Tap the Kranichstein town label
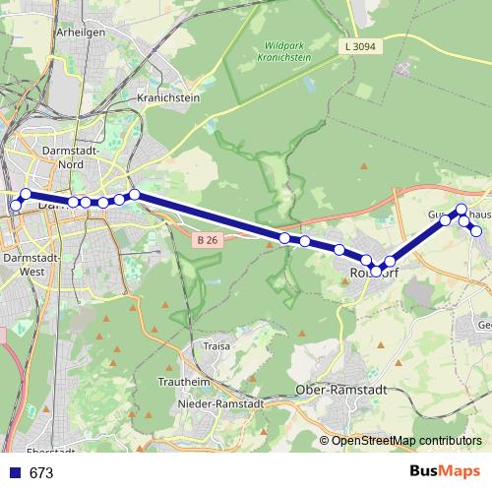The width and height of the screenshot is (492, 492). coord(168,98)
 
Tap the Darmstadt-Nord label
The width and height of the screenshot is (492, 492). coord(70,157)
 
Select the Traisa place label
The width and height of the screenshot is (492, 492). coord(216,346)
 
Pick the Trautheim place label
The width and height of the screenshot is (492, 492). coord(185,382)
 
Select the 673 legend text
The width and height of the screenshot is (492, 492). coord(41,473)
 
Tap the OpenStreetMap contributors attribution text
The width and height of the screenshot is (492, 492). coord(406,441)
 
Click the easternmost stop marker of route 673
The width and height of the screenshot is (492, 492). coord(477,232)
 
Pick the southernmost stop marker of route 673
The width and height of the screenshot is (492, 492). coord(376,270)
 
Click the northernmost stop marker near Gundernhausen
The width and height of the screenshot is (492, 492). coord(461,209)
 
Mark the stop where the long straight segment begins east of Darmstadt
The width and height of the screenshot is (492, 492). coord(135,195)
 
